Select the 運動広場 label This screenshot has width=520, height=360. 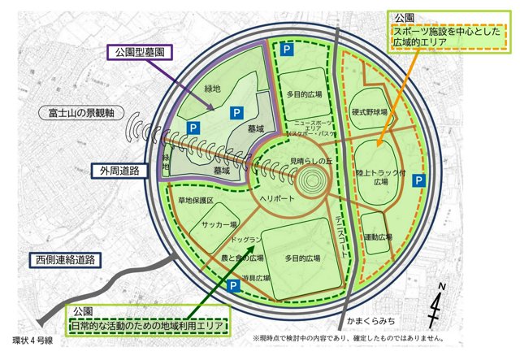click(x=377, y=236)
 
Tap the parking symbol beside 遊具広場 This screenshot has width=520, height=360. click(x=233, y=286)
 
